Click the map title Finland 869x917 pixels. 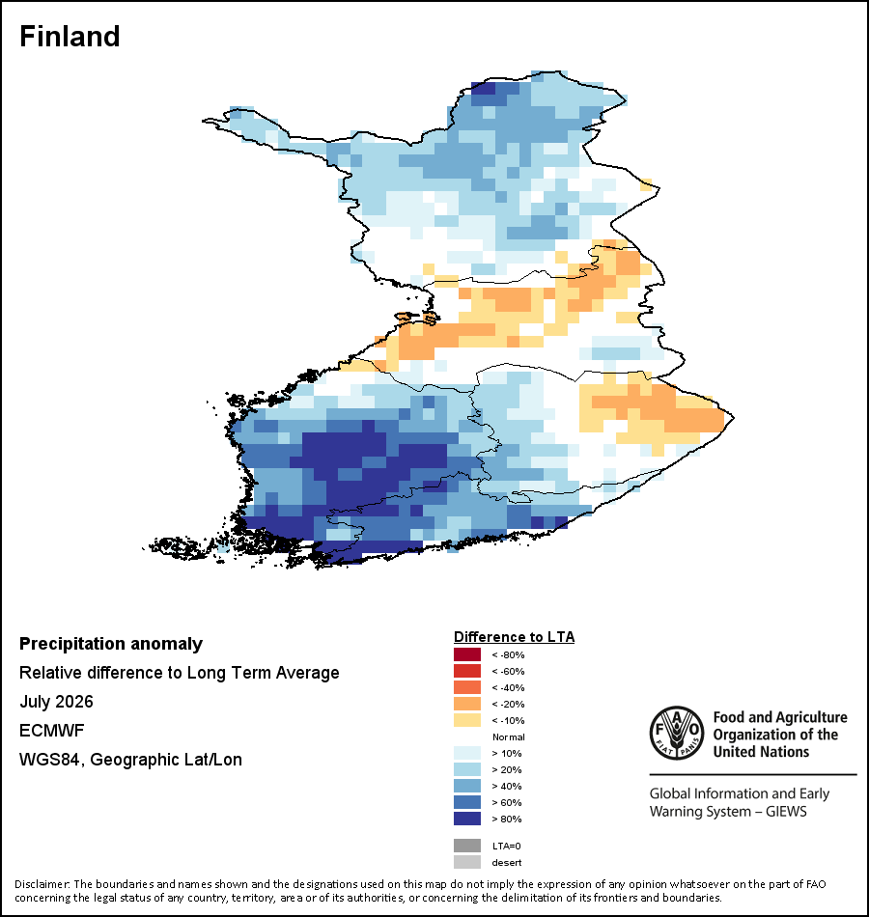70,37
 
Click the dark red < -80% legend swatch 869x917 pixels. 467,654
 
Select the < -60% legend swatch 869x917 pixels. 467,671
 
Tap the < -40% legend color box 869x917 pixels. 467,687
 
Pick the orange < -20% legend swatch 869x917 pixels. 467,704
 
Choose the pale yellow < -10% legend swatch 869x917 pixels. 467,720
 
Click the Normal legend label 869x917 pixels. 509,736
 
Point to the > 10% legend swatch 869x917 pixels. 467,753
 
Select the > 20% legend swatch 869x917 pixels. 467,769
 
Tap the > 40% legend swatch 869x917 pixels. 467,786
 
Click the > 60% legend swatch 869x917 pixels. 467,802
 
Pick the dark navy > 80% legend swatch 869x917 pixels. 467,819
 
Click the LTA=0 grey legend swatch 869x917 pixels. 467,846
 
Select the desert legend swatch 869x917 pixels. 467,862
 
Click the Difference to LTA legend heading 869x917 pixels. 514,637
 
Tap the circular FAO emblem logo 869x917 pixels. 677,733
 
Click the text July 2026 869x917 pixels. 56,701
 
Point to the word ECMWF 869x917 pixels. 51,731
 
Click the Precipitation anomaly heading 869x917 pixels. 111,644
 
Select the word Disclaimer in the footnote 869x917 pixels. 42,884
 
